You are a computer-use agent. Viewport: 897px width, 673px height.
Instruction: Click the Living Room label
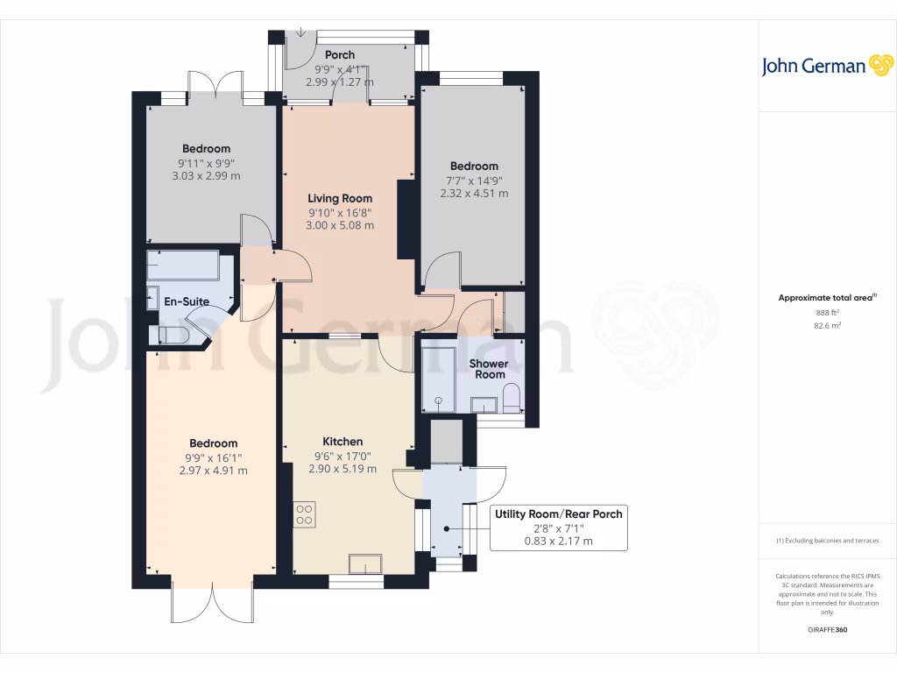point(339,198)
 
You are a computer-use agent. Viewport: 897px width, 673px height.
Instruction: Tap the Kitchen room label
point(343,442)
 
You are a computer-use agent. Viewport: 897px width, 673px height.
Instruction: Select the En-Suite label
point(187,301)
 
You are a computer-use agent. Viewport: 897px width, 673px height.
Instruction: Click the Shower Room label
point(490,369)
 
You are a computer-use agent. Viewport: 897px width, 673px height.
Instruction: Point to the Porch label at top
point(340,55)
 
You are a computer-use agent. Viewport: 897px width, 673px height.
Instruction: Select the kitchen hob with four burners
point(305,514)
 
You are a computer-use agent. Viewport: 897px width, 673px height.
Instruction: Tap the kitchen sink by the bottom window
point(365,563)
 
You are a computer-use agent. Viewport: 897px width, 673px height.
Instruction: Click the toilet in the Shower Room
point(512,399)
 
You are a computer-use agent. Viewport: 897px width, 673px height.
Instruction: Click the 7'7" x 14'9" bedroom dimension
point(474,181)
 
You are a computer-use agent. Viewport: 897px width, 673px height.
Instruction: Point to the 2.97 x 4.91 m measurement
point(212,470)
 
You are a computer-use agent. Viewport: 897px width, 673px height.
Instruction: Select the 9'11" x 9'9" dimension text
point(206,162)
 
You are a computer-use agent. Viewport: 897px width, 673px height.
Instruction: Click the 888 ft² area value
point(827,312)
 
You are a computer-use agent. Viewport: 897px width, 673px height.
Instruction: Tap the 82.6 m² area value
point(827,325)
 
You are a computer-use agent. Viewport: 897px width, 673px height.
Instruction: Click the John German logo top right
point(826,66)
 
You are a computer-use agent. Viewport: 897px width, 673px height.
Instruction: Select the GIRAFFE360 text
point(828,630)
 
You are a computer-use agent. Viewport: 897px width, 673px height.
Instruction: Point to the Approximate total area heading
point(827,298)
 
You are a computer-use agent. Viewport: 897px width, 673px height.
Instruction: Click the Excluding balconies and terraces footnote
point(827,541)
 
